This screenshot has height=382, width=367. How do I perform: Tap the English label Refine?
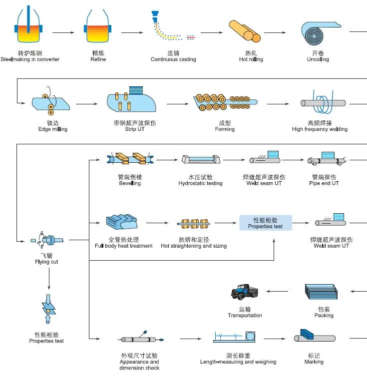[98, 59]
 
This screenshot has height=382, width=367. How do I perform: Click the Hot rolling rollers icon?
[245, 32]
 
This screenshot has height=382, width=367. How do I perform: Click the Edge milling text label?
[53, 129]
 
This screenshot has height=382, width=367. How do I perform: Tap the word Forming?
[225, 129]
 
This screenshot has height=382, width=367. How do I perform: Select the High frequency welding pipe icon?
[323, 103]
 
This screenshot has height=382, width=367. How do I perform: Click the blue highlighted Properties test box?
[265, 223]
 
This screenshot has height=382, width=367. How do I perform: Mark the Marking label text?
[314, 362]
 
